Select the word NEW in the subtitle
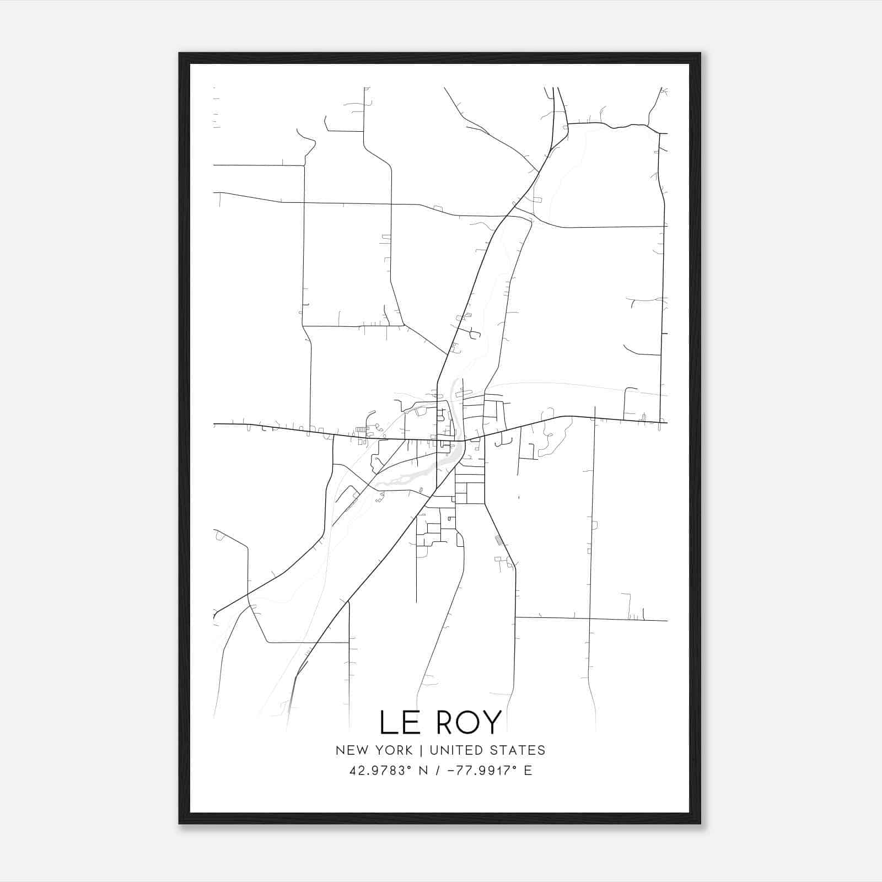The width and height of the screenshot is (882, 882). [x=350, y=750]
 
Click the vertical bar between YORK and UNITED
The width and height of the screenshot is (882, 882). [x=421, y=750]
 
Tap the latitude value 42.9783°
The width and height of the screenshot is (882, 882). [x=380, y=771]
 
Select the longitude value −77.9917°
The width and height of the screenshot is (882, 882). [x=485, y=771]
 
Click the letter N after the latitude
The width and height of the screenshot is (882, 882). [x=424, y=771]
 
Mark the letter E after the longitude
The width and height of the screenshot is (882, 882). [x=528, y=771]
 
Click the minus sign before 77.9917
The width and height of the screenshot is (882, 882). [x=453, y=771]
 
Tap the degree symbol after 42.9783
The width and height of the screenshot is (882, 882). [x=410, y=767]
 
